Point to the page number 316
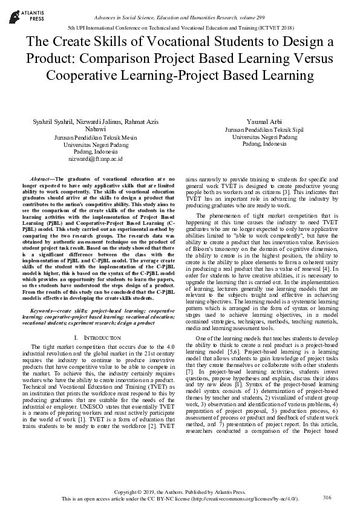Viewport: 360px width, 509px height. tap(327, 497)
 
